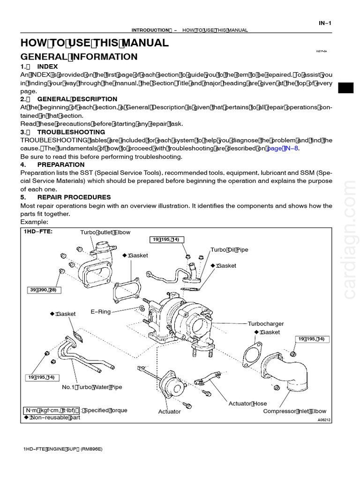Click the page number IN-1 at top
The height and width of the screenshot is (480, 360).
pos(325,22)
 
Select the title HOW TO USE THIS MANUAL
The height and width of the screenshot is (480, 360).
pos(94,43)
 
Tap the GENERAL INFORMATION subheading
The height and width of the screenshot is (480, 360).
pos(79,57)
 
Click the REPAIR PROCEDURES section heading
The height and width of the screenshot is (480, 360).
pos(74,197)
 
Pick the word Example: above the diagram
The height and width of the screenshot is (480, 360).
pos(34,222)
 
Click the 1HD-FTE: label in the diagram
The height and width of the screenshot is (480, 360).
pos(38,232)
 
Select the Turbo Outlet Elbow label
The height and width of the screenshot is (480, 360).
pos(105,232)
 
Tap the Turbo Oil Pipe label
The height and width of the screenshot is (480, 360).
pos(229,250)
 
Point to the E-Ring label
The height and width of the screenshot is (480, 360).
pos(101,311)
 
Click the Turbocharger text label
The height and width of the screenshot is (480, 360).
pos(266,323)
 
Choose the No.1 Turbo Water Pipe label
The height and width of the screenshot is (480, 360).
pos(92,387)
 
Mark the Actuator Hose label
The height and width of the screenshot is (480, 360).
pos(247,403)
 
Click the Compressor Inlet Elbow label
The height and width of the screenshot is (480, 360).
pos(294,411)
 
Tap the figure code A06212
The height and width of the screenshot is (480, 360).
pos(324,420)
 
